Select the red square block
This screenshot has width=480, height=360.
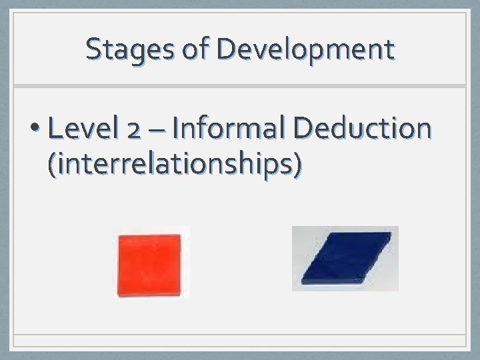coord(149,264)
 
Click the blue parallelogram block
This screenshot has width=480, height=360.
coord(346,259)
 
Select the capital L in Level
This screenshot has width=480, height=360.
coord(55,128)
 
